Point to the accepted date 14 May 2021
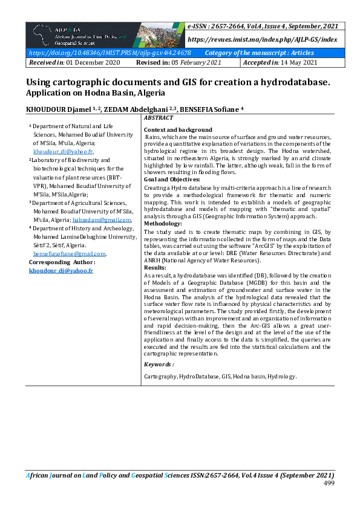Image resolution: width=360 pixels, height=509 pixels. (x=295, y=63)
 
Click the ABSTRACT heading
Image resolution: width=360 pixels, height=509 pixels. (x=159, y=117)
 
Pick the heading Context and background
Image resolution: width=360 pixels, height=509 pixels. (x=178, y=130)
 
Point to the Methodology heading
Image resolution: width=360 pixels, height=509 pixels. (x=163, y=223)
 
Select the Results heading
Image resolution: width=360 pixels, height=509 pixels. (x=155, y=267)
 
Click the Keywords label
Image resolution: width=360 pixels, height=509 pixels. (x=159, y=365)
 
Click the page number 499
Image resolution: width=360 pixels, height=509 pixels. (x=329, y=484)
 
